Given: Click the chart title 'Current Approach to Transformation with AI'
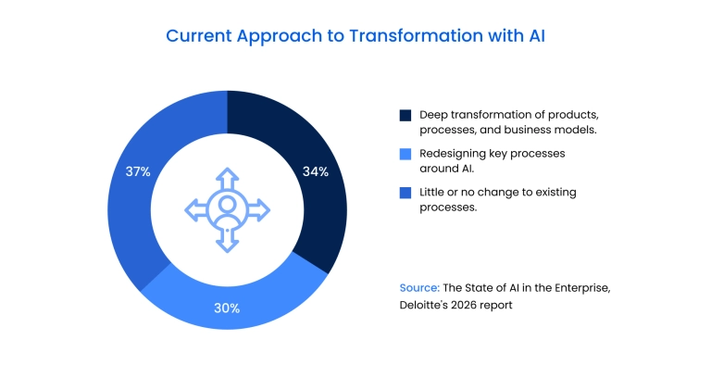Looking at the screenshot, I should (x=355, y=36).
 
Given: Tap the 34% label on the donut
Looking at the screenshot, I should (x=316, y=171).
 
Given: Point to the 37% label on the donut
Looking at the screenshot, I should (x=138, y=171).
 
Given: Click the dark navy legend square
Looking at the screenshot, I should (x=405, y=115).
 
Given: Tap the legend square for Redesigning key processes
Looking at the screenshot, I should (x=405, y=154).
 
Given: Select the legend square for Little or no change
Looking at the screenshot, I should (x=405, y=193).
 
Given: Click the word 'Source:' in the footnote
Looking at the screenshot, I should (x=421, y=288).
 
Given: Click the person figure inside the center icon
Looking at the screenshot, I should (x=227, y=210).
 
